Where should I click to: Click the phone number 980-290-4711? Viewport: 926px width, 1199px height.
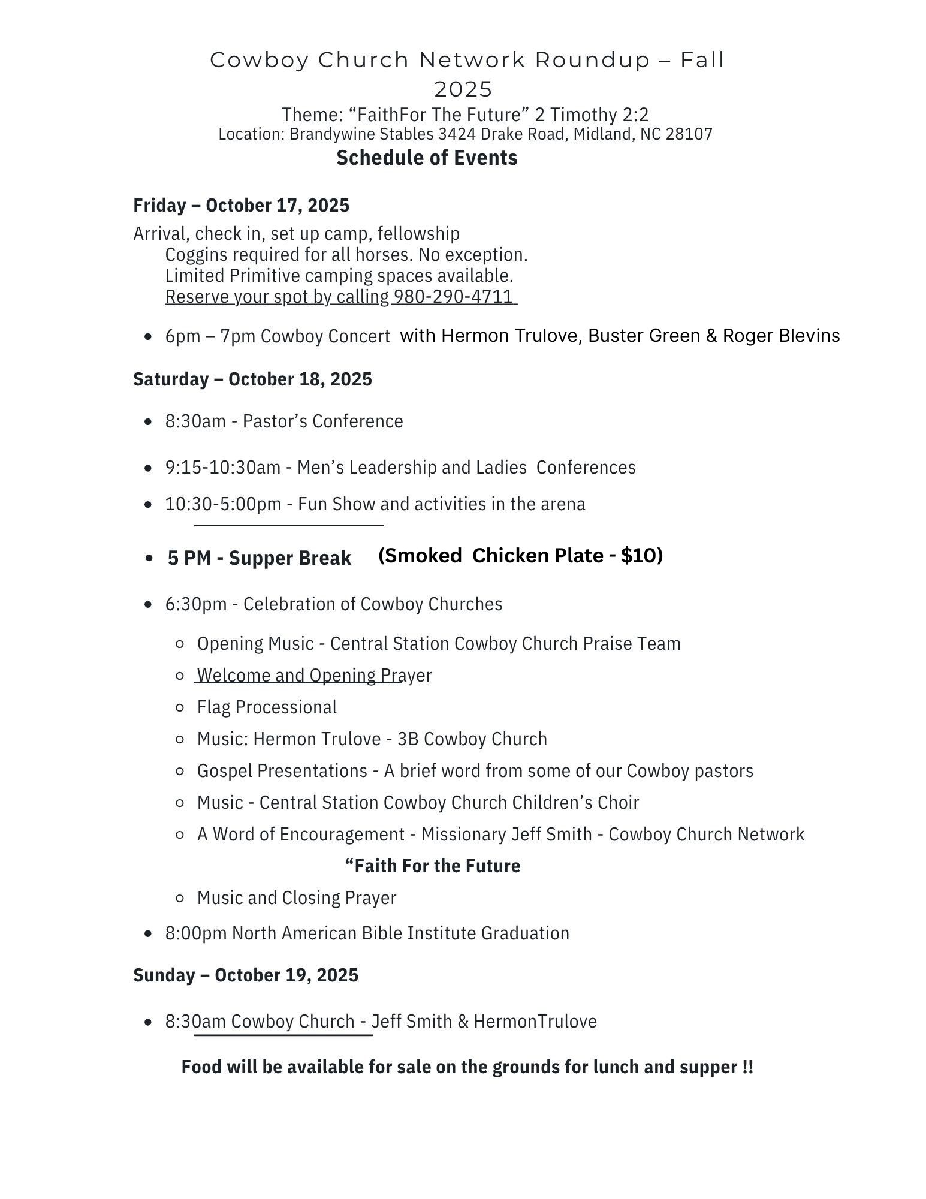tap(454, 297)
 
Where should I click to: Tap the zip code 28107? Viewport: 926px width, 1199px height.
tap(689, 134)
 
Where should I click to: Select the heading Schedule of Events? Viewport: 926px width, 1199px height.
tap(427, 158)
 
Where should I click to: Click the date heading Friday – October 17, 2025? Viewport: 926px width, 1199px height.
tap(241, 206)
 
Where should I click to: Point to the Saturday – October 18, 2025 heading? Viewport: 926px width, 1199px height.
tap(252, 379)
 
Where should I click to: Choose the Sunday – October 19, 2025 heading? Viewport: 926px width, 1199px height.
tap(246, 975)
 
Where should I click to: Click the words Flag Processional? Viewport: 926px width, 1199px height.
tap(267, 707)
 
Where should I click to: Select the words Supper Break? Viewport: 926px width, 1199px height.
tap(290, 558)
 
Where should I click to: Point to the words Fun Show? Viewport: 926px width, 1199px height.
tap(337, 504)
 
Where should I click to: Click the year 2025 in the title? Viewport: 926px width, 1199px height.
tap(463, 90)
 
